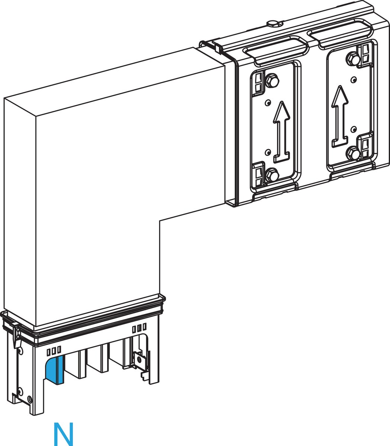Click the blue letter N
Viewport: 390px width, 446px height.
tap(64, 434)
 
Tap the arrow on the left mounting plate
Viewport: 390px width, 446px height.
tap(282, 132)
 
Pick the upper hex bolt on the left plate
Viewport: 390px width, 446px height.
tap(272, 81)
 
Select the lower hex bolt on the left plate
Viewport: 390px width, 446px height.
tap(272, 175)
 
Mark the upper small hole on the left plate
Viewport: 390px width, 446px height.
tap(268, 102)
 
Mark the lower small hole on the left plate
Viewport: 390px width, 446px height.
tap(268, 152)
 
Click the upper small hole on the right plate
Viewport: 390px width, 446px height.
tap(354, 79)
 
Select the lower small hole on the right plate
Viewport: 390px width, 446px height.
tap(354, 129)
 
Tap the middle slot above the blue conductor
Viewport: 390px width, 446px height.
tap(54, 351)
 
